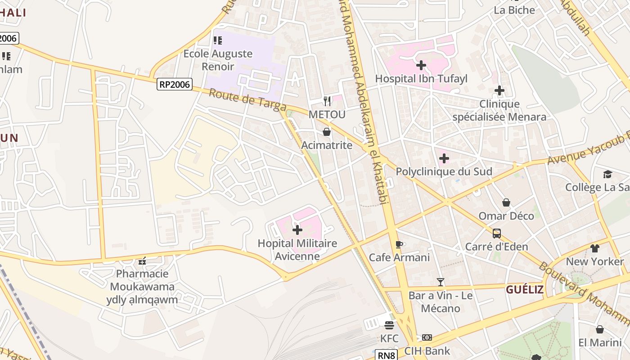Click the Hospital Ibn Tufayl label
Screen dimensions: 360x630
421,79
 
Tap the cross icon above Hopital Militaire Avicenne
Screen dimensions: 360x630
297,230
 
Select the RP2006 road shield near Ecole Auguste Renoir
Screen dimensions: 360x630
175,84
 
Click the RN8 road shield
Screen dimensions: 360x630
387,355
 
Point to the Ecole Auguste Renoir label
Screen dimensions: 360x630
218,60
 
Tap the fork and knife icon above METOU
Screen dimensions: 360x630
327,101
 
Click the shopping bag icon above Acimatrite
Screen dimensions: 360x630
327,132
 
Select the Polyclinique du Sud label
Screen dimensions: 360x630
444,171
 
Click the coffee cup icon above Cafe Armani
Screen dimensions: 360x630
399,244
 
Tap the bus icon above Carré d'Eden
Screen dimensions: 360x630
497,234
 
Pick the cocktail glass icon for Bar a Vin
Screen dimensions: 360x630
441,282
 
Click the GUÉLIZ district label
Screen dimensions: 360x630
525,289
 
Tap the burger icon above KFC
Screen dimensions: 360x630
389,325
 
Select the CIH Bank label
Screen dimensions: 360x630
427,351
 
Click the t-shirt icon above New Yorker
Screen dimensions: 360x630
595,248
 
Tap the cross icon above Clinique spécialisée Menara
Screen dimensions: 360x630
499,91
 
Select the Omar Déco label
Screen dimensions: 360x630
506,216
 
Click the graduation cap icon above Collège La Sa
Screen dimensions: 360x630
607,174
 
